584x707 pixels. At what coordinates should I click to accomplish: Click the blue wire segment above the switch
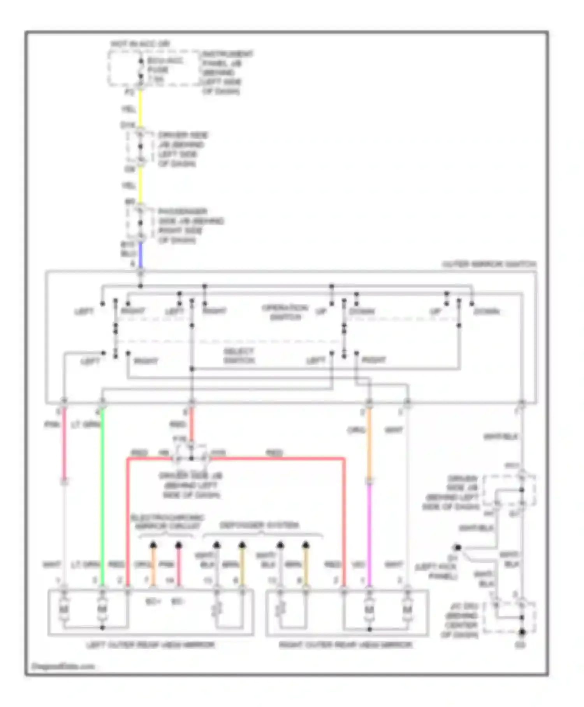coord(141,255)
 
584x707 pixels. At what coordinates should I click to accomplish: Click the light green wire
coord(102,495)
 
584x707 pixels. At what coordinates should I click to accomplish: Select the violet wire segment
coord(369,534)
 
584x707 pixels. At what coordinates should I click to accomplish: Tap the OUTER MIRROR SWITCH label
coord(489,264)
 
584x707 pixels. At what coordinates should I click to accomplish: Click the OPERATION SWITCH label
coord(285,312)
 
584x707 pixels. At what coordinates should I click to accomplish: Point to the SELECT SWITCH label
coord(239,356)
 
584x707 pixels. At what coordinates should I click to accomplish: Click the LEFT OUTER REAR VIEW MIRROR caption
coord(150,645)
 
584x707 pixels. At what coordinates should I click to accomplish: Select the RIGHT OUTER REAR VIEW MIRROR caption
coord(345,645)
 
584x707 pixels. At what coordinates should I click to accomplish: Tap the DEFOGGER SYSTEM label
coord(259,525)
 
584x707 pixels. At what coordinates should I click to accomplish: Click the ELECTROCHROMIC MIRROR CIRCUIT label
coord(168,522)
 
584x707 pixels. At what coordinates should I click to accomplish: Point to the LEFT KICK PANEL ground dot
coord(458,548)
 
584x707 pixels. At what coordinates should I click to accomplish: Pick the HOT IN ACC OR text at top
coord(140,44)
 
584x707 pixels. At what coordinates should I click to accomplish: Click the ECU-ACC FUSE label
coord(160,70)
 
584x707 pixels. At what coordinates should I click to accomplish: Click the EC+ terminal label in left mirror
coord(153,602)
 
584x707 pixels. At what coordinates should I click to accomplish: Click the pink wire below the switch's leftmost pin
coord(64,440)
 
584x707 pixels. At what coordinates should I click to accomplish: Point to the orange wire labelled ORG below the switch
coord(369,440)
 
